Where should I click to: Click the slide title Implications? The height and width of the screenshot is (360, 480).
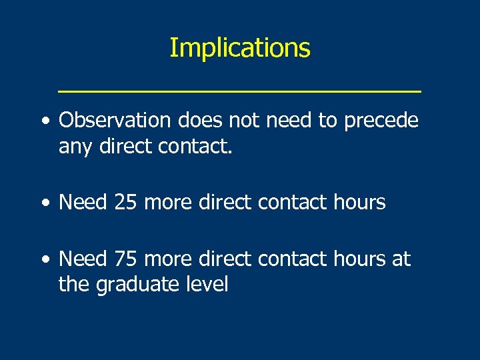(239, 48)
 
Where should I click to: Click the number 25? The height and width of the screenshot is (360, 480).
(123, 202)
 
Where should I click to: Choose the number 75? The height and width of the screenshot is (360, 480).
(123, 259)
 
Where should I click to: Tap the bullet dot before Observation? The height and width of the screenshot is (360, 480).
(44, 121)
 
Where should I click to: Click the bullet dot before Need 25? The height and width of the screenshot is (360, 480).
(44, 203)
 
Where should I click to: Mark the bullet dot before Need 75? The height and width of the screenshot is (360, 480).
(44, 259)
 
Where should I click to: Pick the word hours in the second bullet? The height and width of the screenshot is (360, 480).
(361, 202)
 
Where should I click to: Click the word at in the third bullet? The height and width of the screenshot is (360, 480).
(401, 259)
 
